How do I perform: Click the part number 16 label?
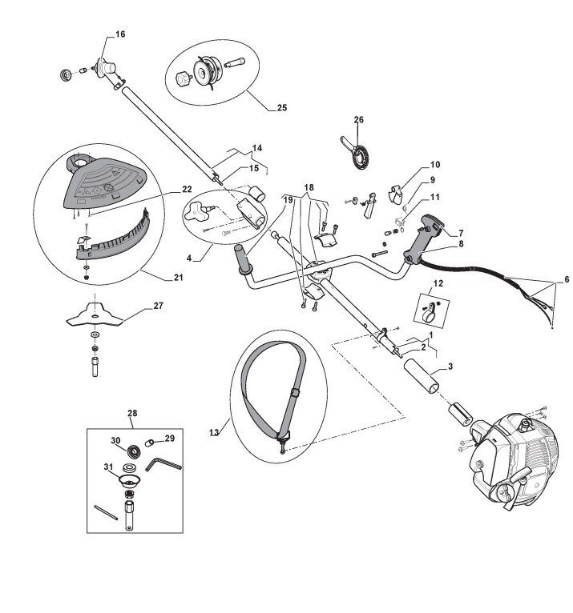pyautogui.click(x=120, y=34)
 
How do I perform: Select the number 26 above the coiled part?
pyautogui.click(x=358, y=120)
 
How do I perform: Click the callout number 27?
pyautogui.click(x=157, y=305)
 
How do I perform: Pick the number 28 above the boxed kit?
pyautogui.click(x=132, y=413)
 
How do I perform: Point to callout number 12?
pyautogui.click(x=437, y=283)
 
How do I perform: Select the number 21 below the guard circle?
pyautogui.click(x=179, y=278)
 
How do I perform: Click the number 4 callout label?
pyautogui.click(x=189, y=258)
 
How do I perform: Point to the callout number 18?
pyautogui.click(x=309, y=186)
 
